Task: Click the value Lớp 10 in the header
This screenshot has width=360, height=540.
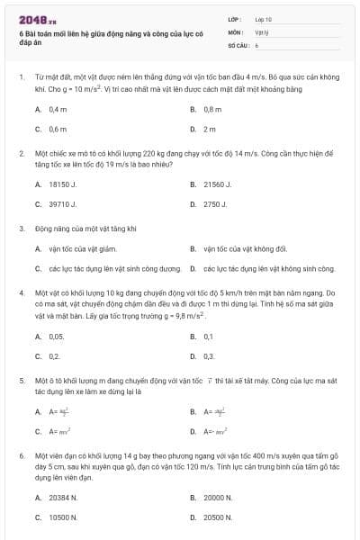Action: click(x=264, y=18)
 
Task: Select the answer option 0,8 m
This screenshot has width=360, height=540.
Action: click(x=212, y=109)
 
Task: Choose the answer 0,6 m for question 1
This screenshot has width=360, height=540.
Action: click(x=58, y=129)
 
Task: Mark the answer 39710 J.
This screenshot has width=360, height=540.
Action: click(x=61, y=204)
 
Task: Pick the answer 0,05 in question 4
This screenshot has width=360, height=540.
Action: click(x=57, y=336)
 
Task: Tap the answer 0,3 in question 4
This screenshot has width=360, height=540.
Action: click(x=209, y=356)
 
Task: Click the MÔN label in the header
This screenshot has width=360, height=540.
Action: click(x=236, y=31)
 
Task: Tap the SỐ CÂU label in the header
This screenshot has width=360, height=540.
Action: click(x=238, y=43)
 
